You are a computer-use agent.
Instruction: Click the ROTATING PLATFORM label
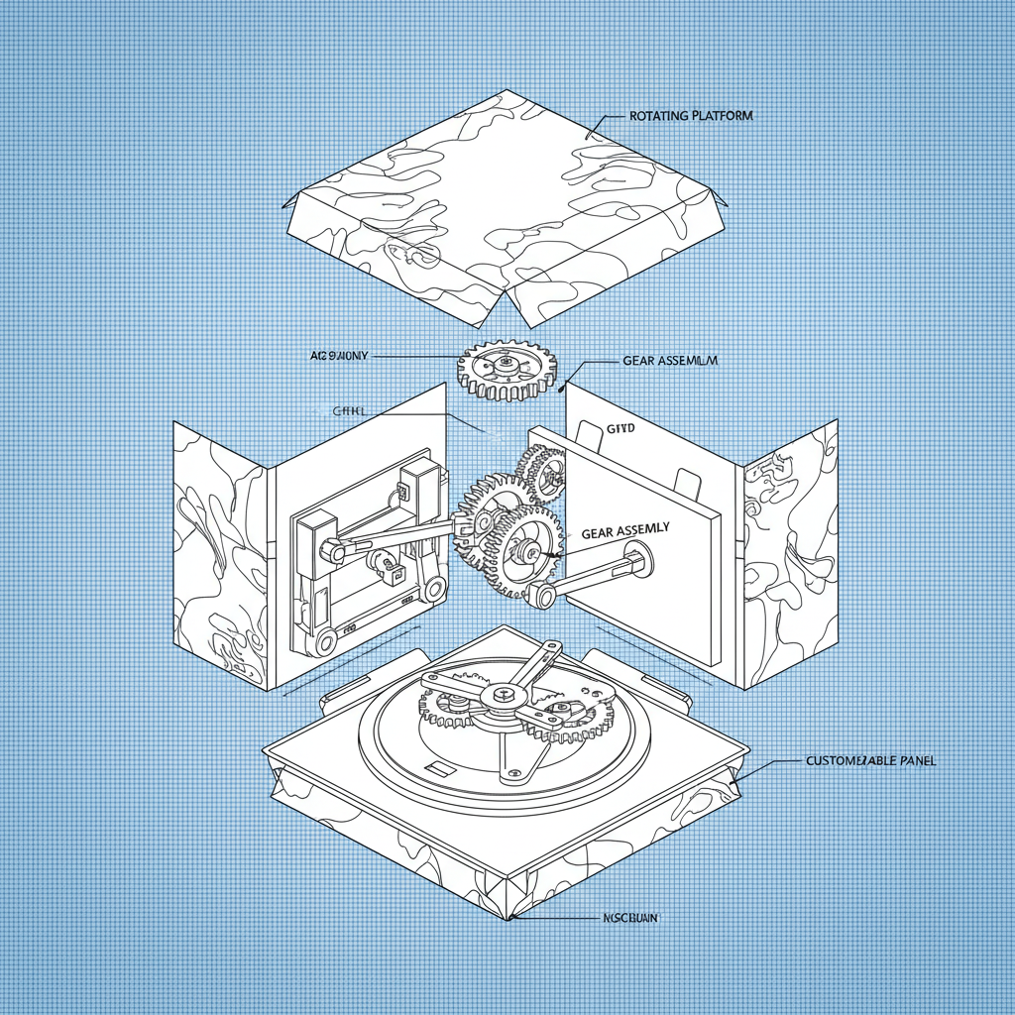691,116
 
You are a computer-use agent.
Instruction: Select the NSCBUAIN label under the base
630,919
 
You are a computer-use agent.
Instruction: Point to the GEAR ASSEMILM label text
669,361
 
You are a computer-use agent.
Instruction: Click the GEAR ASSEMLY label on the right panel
624,532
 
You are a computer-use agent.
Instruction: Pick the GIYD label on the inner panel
590,427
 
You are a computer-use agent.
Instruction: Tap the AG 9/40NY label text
339,355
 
